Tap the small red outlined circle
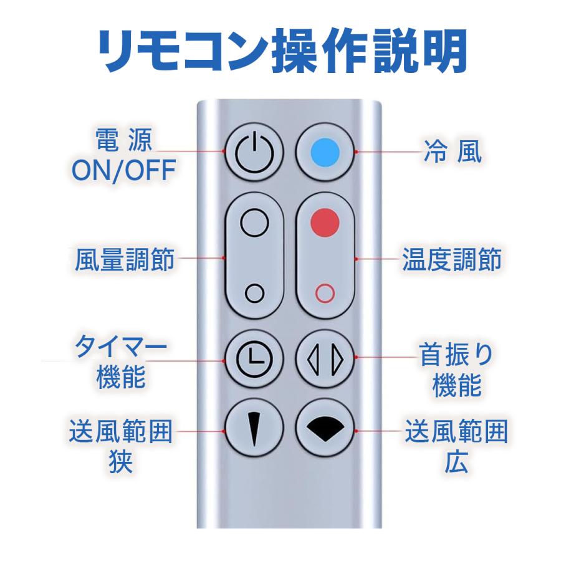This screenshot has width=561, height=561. [x=324, y=292]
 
